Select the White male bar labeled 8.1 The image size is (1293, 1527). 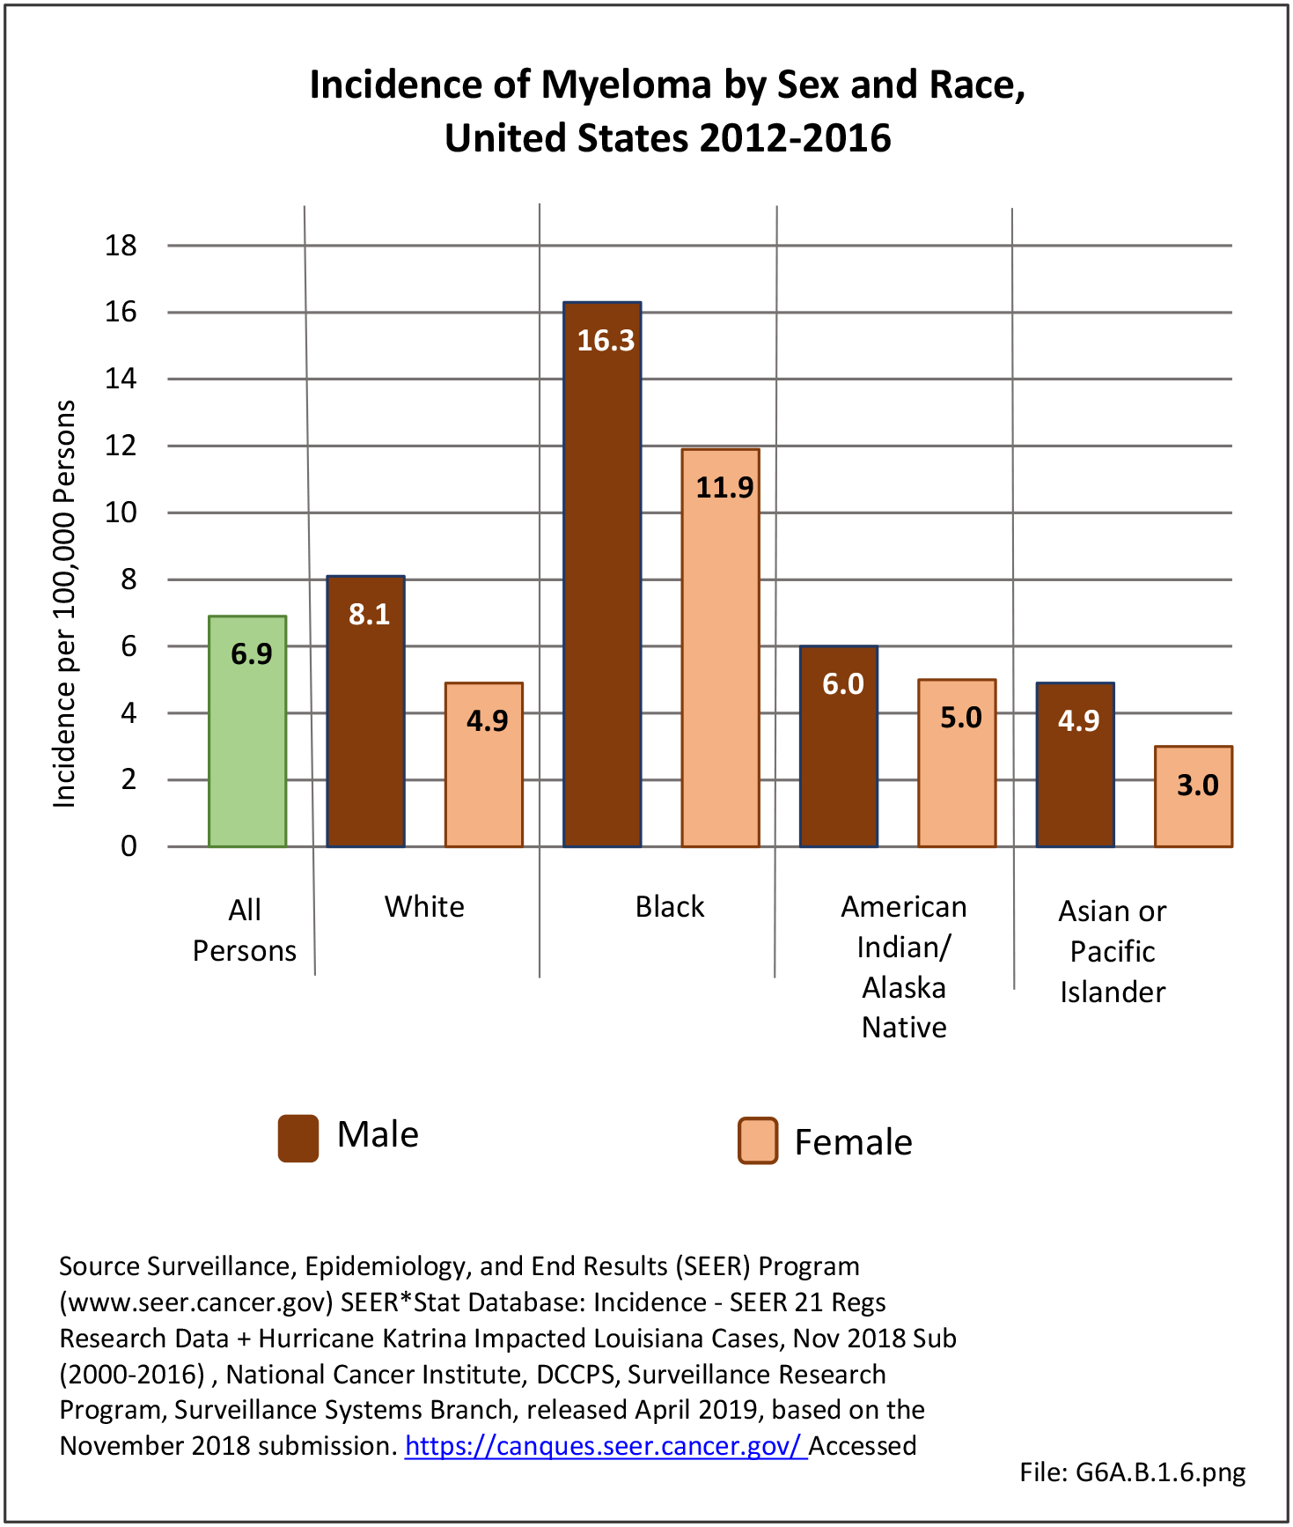[365, 722]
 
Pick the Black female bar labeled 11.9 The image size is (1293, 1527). [720, 652]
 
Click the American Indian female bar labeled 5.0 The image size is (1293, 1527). [957, 775]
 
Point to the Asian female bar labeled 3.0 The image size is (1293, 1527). [1193, 810]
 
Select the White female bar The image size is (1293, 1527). [484, 775]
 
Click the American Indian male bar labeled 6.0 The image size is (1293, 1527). [839, 757]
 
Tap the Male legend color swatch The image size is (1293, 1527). [298, 1138]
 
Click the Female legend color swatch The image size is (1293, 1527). [758, 1141]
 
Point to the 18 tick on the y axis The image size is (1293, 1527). [121, 246]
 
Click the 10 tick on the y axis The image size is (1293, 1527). [121, 513]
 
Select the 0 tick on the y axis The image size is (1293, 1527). [129, 846]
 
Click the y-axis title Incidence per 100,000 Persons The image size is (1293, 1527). [65, 603]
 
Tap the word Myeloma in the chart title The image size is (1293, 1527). [626, 85]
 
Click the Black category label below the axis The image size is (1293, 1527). [670, 907]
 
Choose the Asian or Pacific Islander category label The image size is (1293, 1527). [1113, 951]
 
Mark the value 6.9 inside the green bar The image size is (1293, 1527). [252, 654]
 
